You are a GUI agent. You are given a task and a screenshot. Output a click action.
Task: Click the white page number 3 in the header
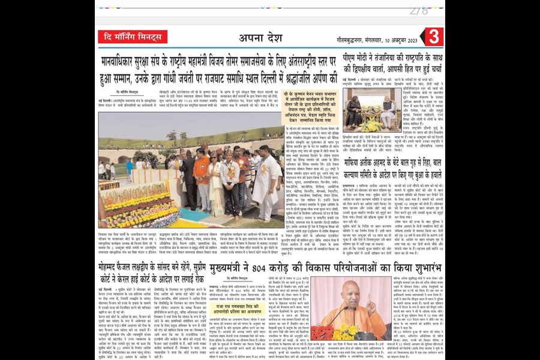pos(435,37)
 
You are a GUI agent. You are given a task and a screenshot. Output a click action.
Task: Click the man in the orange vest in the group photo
pos(201,174)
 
